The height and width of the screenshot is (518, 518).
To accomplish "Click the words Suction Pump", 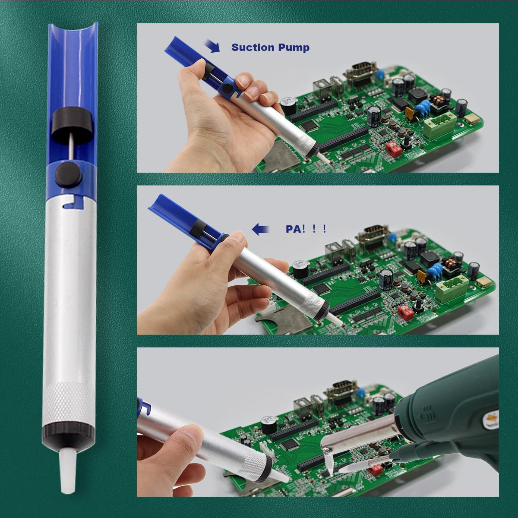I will [271, 47].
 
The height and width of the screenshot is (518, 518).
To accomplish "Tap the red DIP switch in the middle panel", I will [404, 311].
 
